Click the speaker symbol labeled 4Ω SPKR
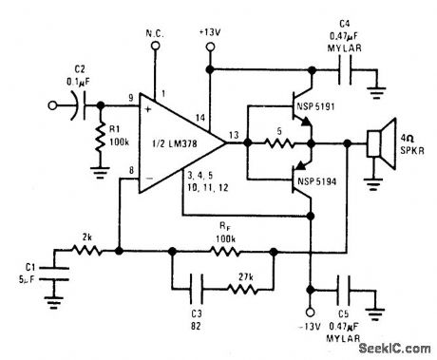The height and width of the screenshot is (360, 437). (378, 144)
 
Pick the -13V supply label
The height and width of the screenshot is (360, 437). (311, 329)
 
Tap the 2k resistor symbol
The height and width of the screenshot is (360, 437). (86, 251)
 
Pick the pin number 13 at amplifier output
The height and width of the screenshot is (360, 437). (234, 135)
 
